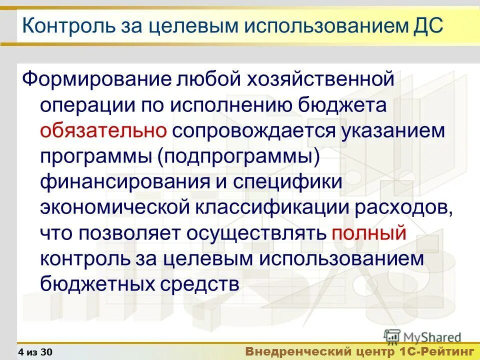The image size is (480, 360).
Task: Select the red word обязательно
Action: (x=104, y=130)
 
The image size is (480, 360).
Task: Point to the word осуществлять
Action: (x=256, y=232)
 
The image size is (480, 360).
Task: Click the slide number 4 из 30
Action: (x=35, y=352)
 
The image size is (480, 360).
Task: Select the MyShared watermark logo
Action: (x=423, y=337)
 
